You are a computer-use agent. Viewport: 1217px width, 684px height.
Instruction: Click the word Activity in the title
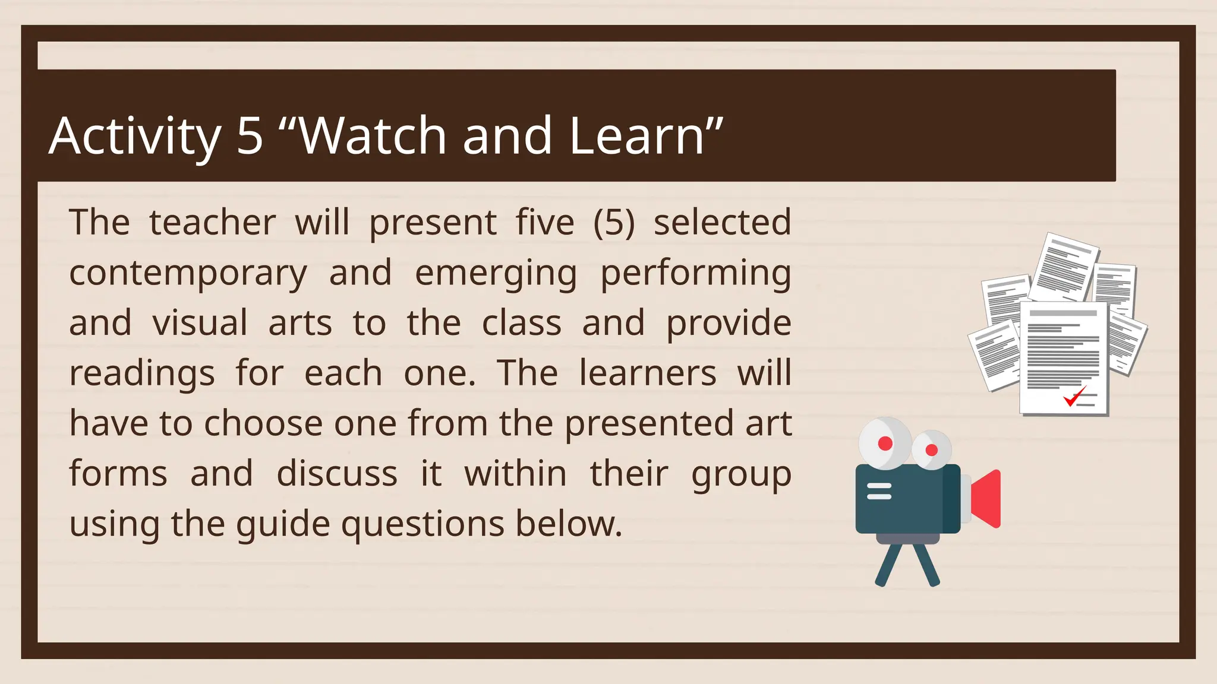pos(135,137)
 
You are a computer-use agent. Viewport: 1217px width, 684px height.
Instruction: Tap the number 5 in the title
pos(250,136)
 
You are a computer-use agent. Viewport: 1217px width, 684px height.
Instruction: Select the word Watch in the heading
pos(373,136)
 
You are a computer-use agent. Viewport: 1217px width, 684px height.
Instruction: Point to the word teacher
pos(212,223)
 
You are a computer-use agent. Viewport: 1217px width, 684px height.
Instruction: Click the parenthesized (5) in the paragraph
pos(614,223)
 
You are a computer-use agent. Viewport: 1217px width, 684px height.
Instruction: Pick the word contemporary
pos(188,274)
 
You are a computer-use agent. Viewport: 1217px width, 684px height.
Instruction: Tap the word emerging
pos(496,274)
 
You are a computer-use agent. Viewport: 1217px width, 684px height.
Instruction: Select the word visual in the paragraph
pos(200,324)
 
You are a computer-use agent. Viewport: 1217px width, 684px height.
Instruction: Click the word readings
pos(142,375)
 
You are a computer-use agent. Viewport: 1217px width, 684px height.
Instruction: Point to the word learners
pos(648,373)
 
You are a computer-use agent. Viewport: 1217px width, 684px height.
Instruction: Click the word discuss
pos(337,474)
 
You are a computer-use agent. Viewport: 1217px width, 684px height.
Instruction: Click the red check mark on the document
pos(1074,396)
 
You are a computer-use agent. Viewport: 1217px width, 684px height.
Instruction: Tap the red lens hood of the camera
pos(986,499)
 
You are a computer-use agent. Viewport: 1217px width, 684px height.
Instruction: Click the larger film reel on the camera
pos(885,444)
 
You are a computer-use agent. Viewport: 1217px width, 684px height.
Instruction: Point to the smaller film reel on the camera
pos(931,450)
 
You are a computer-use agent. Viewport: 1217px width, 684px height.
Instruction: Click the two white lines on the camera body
pos(879,491)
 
